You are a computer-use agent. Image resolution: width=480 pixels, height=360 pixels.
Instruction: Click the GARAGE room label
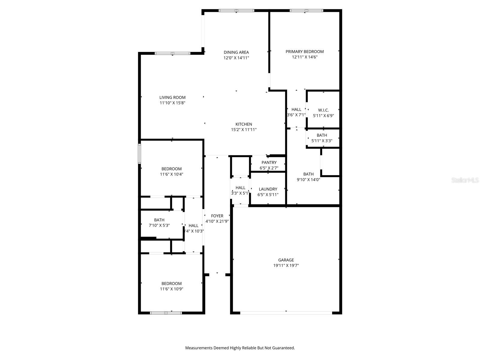pos(286,260)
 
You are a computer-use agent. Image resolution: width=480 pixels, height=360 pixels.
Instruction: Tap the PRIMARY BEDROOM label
pos(304,52)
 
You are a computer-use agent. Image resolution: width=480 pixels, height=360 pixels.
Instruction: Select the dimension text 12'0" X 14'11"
pos(236,58)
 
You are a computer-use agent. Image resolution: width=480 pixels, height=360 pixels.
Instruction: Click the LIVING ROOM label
pos(172,97)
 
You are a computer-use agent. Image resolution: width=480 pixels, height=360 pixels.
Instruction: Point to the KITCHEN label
pos(244,124)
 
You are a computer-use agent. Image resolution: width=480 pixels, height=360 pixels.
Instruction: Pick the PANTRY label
pos(269,163)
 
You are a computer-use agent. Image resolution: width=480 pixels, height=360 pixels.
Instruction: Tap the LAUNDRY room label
pos(268,189)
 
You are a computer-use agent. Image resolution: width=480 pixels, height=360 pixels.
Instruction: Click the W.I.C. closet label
pos(323,110)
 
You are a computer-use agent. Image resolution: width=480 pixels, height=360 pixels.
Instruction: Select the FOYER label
pos(217,216)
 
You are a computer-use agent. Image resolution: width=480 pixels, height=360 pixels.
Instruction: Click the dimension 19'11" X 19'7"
pos(286,265)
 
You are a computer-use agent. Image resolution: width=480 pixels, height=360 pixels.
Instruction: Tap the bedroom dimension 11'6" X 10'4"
pos(172,174)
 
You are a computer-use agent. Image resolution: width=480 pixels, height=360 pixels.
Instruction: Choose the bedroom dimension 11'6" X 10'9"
pos(172,289)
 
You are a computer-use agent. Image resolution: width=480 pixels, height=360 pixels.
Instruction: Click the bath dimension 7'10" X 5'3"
pos(159,225)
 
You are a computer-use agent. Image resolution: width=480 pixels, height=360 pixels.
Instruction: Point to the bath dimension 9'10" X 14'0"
pos(308,180)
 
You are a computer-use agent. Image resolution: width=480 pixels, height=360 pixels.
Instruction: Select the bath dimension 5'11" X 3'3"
pos(322,141)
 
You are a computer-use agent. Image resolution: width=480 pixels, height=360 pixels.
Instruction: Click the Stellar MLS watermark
pos(465,180)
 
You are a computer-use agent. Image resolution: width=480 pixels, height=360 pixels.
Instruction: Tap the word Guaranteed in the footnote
pos(284,348)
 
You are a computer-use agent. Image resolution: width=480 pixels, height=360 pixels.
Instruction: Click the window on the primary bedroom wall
pos(306,11)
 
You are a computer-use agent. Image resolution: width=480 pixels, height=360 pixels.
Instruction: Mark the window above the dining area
pos(236,11)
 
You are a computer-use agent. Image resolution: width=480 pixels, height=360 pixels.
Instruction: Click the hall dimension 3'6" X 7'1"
pos(296,115)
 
